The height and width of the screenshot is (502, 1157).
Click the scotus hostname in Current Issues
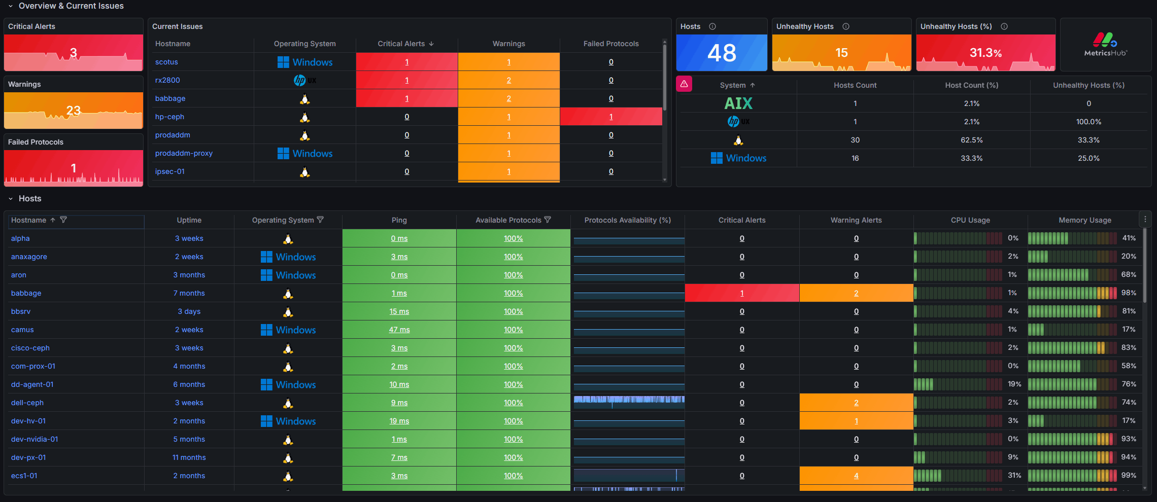[166, 62]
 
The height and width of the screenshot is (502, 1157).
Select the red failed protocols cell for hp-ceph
[611, 117]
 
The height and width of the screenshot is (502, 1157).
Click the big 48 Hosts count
[722, 53]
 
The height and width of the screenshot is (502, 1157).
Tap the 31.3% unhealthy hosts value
[985, 53]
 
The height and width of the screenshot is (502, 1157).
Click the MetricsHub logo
[1105, 45]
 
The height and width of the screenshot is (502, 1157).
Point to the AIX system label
[738, 103]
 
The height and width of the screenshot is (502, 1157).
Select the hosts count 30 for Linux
[855, 140]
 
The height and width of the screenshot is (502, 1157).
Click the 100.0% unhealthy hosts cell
[1088, 122]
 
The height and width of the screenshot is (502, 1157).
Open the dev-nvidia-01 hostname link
[35, 439]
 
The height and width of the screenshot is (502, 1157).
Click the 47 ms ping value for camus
[399, 330]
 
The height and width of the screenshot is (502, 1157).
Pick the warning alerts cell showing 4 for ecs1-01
[856, 476]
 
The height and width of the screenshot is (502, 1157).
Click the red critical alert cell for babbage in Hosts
[742, 293]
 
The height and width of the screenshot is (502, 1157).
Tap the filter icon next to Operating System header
[320, 220]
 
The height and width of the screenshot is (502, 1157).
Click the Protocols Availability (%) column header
[627, 220]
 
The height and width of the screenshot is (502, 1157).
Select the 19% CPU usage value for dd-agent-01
[1014, 384]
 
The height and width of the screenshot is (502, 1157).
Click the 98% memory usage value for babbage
[1129, 293]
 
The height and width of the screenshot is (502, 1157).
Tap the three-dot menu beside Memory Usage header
[1145, 219]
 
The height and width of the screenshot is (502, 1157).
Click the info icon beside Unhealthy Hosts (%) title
[1004, 26]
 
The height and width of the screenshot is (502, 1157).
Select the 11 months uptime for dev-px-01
[189, 457]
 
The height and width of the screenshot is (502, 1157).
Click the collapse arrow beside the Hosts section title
[10, 199]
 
